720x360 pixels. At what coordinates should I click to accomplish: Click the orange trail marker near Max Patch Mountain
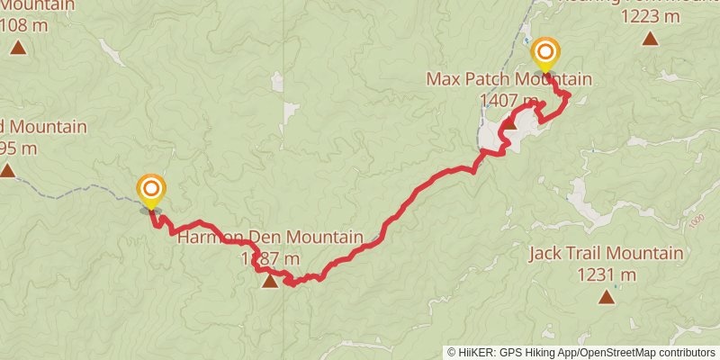[545, 52]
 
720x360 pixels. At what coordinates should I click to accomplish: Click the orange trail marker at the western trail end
[151, 189]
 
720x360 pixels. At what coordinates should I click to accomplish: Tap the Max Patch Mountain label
[508, 79]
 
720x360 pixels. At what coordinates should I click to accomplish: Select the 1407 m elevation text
[509, 100]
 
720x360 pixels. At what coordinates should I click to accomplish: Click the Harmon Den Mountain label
[269, 238]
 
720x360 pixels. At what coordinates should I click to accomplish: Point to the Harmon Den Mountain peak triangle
[269, 283]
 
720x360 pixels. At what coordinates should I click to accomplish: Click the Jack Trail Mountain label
[606, 254]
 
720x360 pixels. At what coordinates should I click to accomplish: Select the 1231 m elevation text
[606, 274]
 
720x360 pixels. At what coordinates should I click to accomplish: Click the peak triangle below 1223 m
[649, 39]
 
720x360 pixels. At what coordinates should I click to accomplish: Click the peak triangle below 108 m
[18, 47]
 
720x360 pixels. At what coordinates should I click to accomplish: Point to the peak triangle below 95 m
[7, 170]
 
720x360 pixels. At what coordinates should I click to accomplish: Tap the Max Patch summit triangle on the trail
[508, 124]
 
